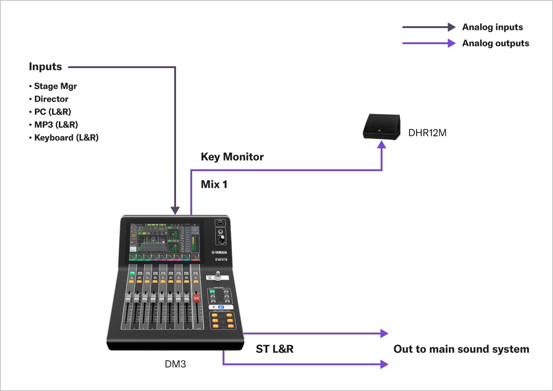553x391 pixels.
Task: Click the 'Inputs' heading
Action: pos(45,67)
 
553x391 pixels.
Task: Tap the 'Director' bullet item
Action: pos(51,99)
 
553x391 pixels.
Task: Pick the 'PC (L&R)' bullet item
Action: pos(53,112)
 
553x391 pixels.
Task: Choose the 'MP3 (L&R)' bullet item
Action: pos(56,125)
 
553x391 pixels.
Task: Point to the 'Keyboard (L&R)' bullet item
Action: pos(66,138)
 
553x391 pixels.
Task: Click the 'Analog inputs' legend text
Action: pos(492,27)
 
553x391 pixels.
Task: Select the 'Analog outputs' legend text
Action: pos(495,43)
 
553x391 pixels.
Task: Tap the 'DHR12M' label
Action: pos(427,133)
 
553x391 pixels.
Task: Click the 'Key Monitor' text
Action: pos(232,157)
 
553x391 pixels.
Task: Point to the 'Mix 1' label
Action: pos(214,184)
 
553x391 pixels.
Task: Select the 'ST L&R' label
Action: pos(275,349)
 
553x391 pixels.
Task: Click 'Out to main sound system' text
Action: pos(461,349)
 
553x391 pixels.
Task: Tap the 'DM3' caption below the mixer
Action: pos(176,364)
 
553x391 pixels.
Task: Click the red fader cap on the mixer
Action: pos(196,298)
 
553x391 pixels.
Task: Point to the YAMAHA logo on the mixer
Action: pos(220,252)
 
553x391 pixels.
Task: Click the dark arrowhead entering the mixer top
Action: pos(176,210)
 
